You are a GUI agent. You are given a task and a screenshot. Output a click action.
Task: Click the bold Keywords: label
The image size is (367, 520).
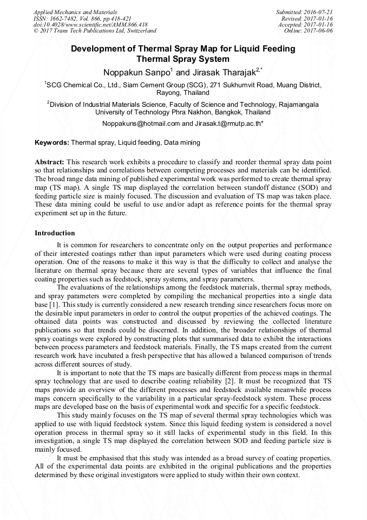52,143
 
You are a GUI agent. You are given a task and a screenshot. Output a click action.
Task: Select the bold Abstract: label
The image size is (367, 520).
50,162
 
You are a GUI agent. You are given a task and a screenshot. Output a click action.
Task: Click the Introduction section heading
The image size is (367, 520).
55,233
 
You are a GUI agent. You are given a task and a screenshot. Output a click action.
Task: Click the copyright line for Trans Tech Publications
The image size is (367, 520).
95,31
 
